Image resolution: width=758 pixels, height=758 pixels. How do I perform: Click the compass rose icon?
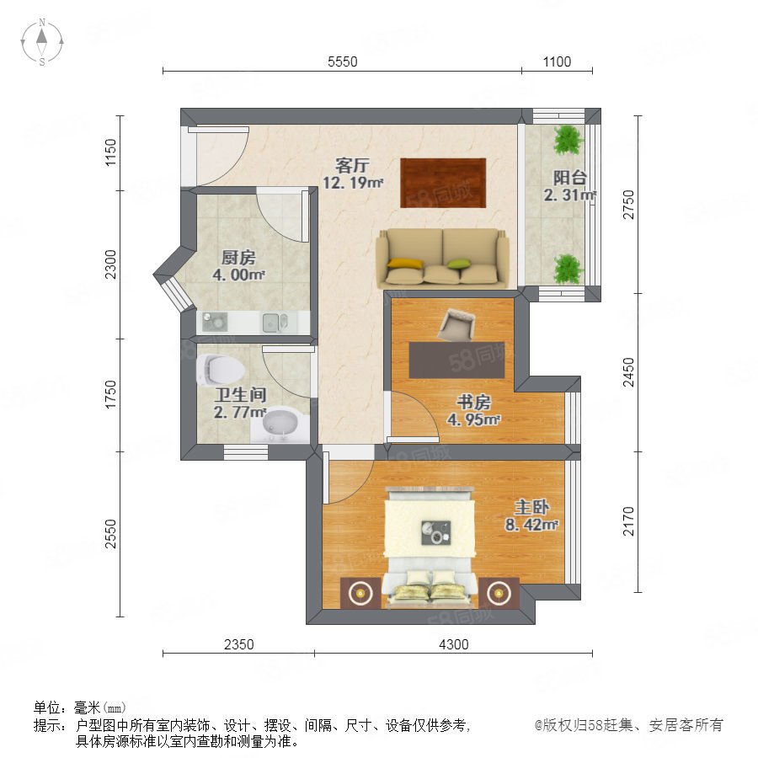42,42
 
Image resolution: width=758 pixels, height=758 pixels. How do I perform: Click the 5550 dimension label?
342,61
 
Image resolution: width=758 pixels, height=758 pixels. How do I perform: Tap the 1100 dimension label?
557,61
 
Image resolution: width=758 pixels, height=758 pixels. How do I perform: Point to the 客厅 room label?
352,166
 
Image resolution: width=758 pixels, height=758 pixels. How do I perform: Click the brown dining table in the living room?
443,183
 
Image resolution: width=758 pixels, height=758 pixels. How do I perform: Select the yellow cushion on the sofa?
406,264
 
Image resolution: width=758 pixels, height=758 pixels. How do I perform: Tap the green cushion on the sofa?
459,264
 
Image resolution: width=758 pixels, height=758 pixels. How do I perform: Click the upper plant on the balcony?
568,140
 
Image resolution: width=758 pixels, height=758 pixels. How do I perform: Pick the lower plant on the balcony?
568,269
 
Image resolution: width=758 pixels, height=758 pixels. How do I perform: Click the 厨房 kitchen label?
238,258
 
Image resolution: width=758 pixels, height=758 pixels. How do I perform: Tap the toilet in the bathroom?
220,370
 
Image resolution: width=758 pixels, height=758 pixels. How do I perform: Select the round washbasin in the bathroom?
280,425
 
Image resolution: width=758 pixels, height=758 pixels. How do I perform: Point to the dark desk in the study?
456,360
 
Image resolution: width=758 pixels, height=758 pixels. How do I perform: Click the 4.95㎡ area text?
473,419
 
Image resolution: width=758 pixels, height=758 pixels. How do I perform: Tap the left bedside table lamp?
360,592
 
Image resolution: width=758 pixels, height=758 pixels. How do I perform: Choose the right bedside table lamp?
499,592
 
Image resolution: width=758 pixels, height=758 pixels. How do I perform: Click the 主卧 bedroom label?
531,508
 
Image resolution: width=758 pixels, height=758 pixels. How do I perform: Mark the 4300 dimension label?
453,644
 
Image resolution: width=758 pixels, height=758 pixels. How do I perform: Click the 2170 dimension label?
628,521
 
